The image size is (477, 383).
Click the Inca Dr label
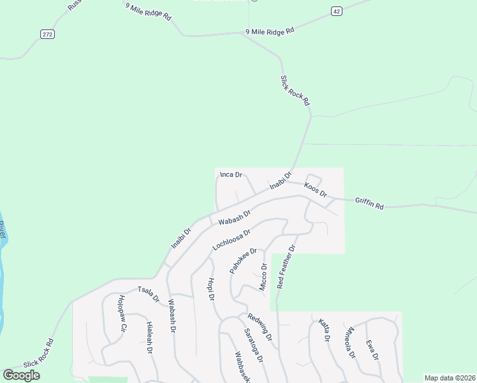(x=231, y=174)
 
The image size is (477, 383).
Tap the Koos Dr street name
(x=315, y=190)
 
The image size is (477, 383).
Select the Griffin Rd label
(x=370, y=204)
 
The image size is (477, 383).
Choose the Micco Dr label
(x=263, y=277)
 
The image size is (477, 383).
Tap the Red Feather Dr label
(x=286, y=267)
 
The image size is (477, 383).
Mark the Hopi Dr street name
(x=210, y=289)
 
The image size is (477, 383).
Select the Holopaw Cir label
(x=122, y=313)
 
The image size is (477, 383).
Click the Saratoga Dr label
(x=254, y=345)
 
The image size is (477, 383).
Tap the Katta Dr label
(x=324, y=331)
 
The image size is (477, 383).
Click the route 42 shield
(x=336, y=10)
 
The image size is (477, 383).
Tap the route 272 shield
(x=47, y=34)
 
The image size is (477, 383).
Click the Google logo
(x=21, y=375)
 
